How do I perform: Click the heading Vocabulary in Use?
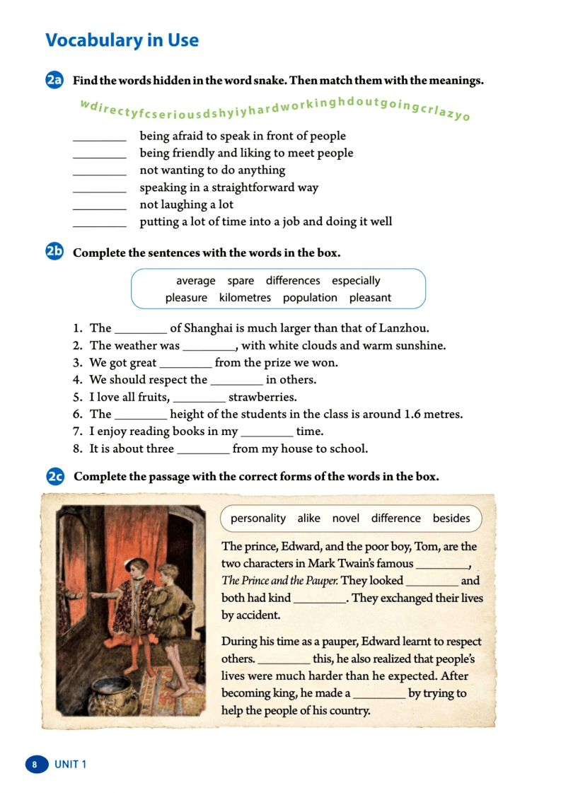[122, 40]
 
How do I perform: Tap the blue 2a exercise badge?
[54, 81]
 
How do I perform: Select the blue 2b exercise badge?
[54, 252]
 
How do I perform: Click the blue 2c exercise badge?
[54, 477]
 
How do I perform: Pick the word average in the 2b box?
[195, 281]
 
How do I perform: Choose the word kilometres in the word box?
[245, 298]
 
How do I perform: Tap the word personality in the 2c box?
[258, 519]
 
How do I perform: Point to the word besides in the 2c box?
[451, 519]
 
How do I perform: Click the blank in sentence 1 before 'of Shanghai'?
[140, 330]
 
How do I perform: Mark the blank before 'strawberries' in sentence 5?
[199, 398]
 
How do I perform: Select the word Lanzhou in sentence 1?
[403, 328]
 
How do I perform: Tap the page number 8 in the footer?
[34, 765]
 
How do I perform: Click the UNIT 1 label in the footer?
[71, 765]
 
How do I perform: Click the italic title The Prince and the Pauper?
[279, 581]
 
